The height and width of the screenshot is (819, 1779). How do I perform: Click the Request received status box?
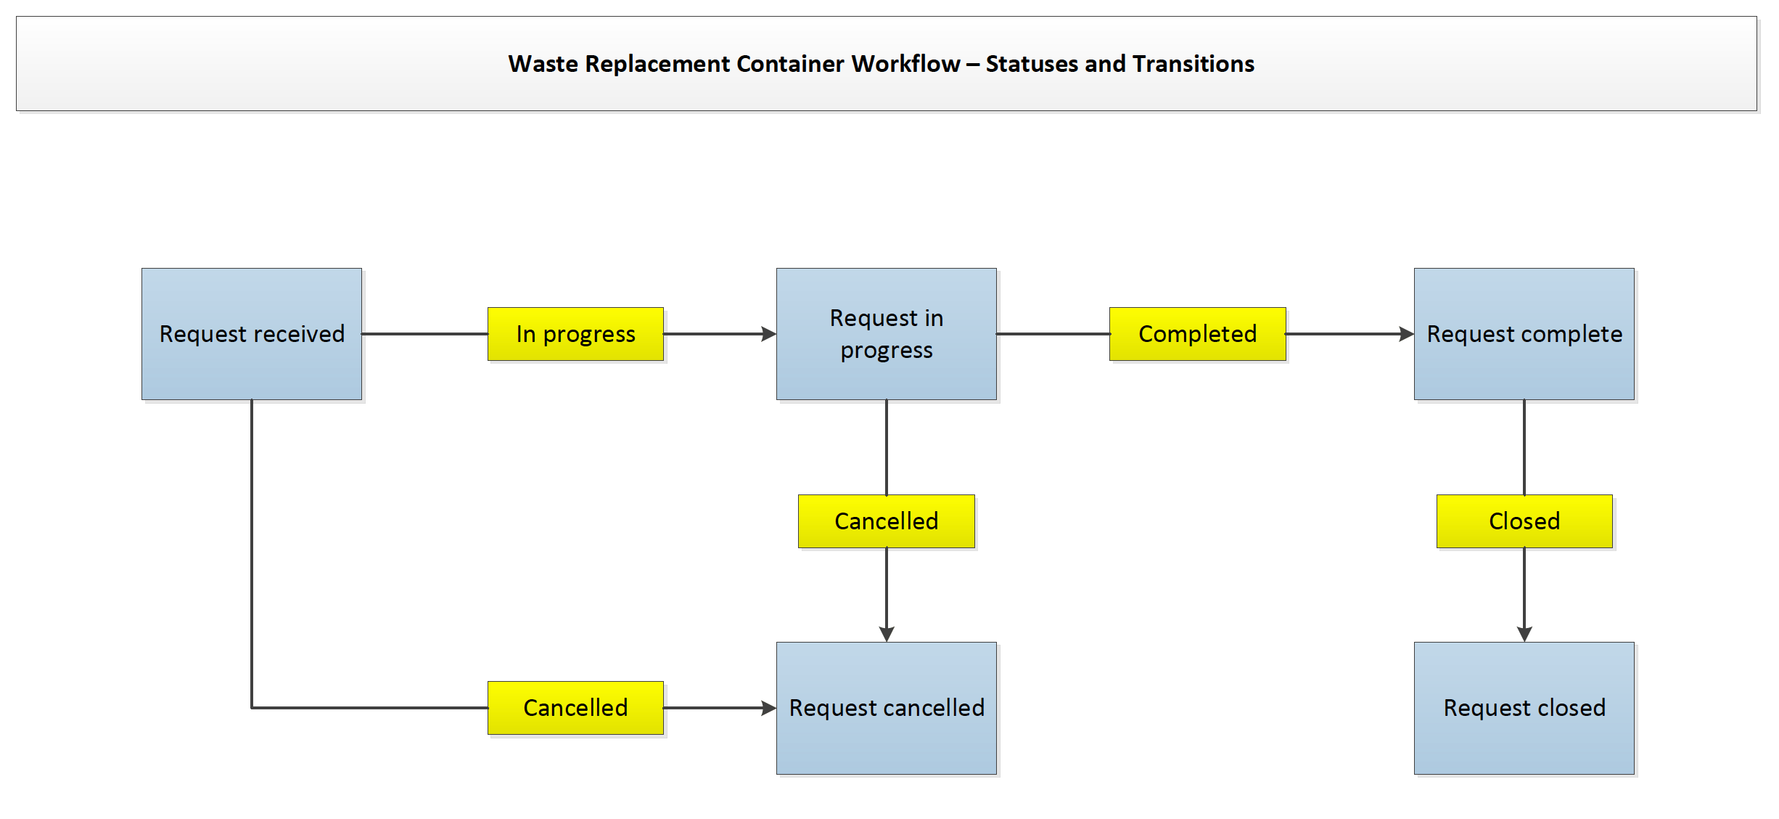pyautogui.click(x=252, y=334)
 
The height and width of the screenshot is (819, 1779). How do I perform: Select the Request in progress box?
pyautogui.click(x=886, y=334)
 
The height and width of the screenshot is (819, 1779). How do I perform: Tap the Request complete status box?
pyautogui.click(x=1524, y=334)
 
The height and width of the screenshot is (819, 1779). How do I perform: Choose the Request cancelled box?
pyautogui.click(x=886, y=708)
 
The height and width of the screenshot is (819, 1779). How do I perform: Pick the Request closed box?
pyautogui.click(x=1524, y=708)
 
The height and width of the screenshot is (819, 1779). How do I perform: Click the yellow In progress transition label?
pyautogui.click(x=575, y=334)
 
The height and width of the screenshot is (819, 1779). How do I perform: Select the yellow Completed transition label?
pyautogui.click(x=1197, y=334)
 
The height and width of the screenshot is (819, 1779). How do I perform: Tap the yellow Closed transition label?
pyautogui.click(x=1524, y=521)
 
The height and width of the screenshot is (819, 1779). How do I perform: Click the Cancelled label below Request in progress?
pyautogui.click(x=886, y=521)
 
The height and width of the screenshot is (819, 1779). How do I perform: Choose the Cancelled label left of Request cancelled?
pyautogui.click(x=575, y=708)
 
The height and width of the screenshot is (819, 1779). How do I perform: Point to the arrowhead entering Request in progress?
pyautogui.click(x=769, y=334)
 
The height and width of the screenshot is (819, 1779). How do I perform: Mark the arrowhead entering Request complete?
pyautogui.click(x=1406, y=334)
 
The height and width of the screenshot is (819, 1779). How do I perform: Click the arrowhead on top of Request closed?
pyautogui.click(x=1524, y=634)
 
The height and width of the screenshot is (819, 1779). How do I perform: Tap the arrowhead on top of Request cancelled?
pyautogui.click(x=887, y=634)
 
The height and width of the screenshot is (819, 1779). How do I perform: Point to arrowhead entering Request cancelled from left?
pyautogui.click(x=769, y=708)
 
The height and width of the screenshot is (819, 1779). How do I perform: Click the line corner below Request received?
pyautogui.click(x=252, y=708)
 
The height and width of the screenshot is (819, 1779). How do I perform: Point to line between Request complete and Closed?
pyautogui.click(x=1524, y=447)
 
